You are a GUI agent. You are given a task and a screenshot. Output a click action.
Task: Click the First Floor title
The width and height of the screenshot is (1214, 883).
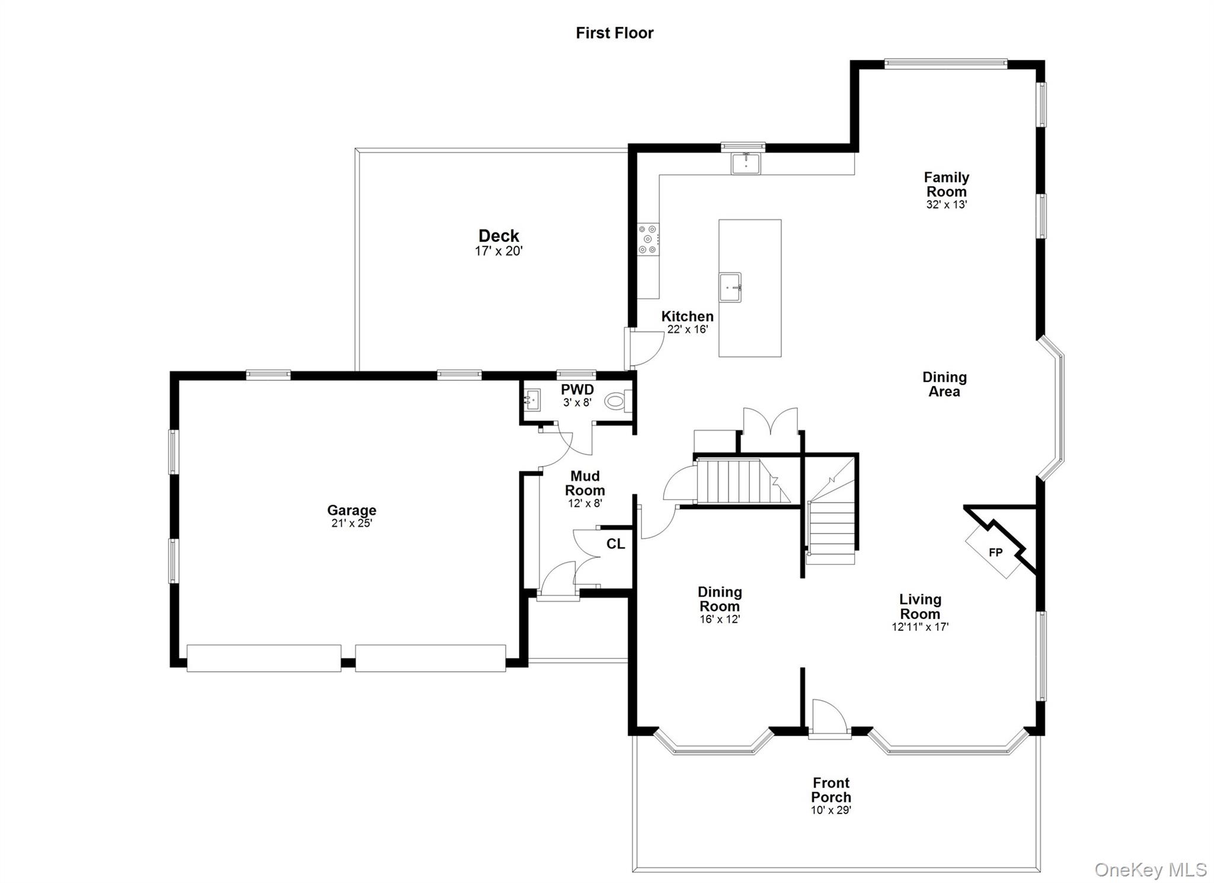(x=614, y=33)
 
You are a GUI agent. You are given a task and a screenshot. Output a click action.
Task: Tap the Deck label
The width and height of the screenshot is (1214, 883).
(x=499, y=236)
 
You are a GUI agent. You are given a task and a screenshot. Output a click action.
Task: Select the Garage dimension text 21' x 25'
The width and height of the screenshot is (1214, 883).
(x=352, y=523)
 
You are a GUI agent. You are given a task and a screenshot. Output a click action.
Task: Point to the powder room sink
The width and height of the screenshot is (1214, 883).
(x=532, y=400)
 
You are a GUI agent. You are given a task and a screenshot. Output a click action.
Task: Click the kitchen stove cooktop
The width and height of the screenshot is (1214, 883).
(x=648, y=240)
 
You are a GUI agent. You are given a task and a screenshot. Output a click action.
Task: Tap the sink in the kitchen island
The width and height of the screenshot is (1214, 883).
(x=730, y=288)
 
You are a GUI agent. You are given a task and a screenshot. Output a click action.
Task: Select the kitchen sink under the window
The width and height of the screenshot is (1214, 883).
(x=746, y=163)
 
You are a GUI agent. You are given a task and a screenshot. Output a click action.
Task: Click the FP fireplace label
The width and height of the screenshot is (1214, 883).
(x=996, y=553)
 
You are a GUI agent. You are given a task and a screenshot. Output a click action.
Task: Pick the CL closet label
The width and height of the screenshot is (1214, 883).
(x=615, y=544)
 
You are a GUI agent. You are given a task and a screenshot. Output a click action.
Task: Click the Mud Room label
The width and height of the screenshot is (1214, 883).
(x=584, y=483)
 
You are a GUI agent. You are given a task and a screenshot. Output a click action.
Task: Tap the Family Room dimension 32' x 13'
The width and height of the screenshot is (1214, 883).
(x=947, y=205)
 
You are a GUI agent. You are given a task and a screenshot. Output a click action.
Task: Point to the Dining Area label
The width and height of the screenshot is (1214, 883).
(x=944, y=384)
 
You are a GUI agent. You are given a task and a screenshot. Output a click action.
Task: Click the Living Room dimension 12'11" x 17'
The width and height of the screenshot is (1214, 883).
(x=920, y=627)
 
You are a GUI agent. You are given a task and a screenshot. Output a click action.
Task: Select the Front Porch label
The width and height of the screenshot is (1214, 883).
(x=831, y=790)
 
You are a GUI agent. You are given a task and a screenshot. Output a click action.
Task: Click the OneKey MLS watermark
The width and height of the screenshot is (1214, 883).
(x=1151, y=870)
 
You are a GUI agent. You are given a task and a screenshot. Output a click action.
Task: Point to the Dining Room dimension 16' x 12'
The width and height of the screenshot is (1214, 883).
(x=720, y=619)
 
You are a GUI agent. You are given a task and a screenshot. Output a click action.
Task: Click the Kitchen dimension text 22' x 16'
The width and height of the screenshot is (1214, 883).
(x=688, y=329)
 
